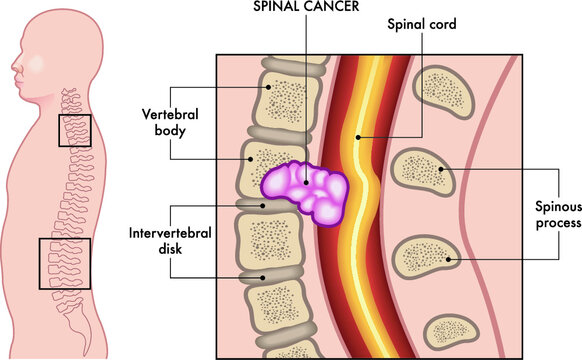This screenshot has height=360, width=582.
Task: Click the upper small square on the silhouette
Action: tap(74, 131)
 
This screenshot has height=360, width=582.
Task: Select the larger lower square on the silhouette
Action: tap(63, 262)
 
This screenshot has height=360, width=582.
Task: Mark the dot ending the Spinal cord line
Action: tap(356, 137)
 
